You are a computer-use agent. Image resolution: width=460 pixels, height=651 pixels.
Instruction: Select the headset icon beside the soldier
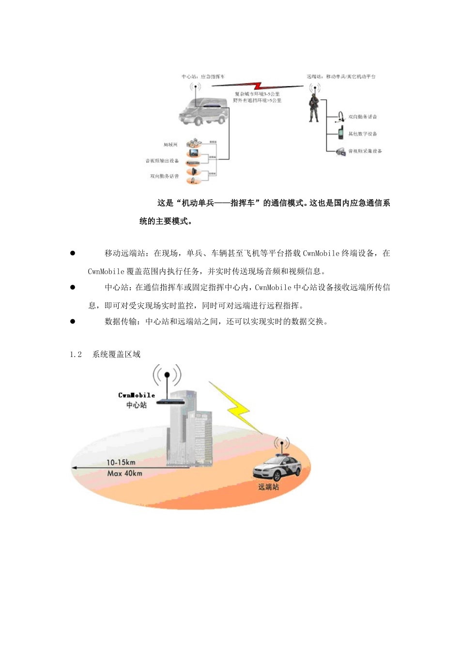341,117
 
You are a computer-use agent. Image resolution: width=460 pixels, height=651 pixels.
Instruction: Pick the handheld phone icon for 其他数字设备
341,133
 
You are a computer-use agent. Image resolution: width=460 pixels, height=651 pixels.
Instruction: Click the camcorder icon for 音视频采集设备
341,151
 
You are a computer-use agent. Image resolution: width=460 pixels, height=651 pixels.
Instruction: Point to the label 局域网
170,145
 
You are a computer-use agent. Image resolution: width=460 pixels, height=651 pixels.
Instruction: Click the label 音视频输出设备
162,161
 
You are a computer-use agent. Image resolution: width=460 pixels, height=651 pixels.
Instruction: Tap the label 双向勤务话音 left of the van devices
164,176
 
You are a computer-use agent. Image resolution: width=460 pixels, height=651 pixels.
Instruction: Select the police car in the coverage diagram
277,467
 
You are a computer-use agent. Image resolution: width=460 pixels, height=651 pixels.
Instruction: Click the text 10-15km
121,463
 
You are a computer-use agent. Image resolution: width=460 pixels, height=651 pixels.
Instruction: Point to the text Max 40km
124,473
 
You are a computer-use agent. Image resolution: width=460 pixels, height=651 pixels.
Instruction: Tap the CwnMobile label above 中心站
137,395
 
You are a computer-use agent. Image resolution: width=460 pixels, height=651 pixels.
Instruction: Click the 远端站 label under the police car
268,487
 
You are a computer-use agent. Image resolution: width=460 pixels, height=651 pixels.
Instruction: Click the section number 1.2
76,355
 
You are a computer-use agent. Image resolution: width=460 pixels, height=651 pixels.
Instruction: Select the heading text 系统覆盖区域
116,355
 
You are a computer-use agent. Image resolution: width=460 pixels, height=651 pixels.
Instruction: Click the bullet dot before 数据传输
73,321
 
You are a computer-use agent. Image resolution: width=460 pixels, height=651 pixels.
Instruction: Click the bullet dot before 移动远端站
73,253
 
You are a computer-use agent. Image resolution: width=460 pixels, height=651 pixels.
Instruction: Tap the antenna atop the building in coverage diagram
167,383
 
